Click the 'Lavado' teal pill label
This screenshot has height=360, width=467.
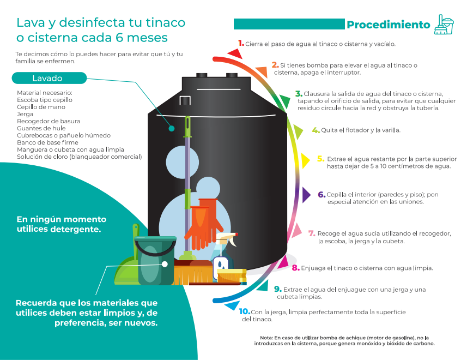click(49, 78)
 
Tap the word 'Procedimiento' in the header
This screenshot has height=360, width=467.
click(389, 25)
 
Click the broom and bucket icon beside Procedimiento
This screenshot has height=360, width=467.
click(444, 25)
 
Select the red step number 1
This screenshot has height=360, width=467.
click(241, 43)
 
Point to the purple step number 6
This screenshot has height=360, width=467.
click(322, 195)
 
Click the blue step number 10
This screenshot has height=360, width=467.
click(244, 311)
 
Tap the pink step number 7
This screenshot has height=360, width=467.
click(312, 233)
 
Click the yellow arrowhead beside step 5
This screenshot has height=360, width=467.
click(305, 160)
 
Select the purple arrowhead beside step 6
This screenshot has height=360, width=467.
click(306, 195)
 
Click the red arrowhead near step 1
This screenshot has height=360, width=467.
click(236, 53)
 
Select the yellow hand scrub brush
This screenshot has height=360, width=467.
click(232, 276)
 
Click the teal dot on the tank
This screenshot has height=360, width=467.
click(171, 128)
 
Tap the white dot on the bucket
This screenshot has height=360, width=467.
click(165, 264)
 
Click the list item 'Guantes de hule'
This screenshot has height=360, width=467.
click(41, 128)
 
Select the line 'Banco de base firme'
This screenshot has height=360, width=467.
click(47, 142)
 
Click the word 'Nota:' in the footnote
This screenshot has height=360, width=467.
click(266, 338)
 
